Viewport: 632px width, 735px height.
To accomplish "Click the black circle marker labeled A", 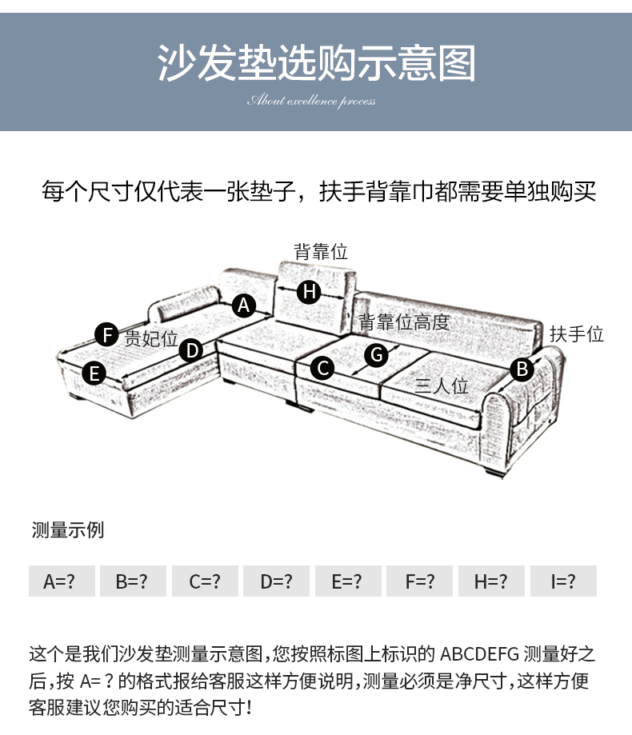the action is tap(244, 305).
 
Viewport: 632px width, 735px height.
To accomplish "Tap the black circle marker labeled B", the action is tap(522, 369).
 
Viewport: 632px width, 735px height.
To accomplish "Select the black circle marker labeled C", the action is tap(322, 367).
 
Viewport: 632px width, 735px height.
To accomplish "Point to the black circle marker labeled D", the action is tap(190, 350).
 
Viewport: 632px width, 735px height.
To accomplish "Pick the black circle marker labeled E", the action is tap(94, 373).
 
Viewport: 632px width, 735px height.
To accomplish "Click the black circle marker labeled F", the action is tap(106, 334).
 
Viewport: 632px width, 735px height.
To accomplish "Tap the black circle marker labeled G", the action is tap(376, 354).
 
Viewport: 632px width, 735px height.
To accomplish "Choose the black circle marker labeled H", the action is tap(309, 292).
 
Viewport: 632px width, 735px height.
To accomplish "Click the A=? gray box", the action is tap(62, 581).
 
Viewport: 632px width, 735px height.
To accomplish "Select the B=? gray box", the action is tap(133, 581).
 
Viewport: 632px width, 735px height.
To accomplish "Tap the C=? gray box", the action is tap(205, 581).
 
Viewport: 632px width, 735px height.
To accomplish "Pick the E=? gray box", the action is tap(347, 581).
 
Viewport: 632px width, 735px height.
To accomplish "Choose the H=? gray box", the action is tap(491, 581).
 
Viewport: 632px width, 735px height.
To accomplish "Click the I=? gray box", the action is tap(563, 581).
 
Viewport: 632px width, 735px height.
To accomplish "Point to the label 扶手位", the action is tap(576, 334).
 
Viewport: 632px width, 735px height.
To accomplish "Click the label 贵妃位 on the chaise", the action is tap(150, 338).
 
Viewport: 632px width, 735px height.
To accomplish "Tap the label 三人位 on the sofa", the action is tap(441, 385).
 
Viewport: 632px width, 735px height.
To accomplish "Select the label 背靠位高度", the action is tap(404, 322).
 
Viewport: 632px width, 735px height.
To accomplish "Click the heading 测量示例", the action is tap(68, 530).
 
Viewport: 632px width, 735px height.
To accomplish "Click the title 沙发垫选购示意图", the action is tap(316, 64).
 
